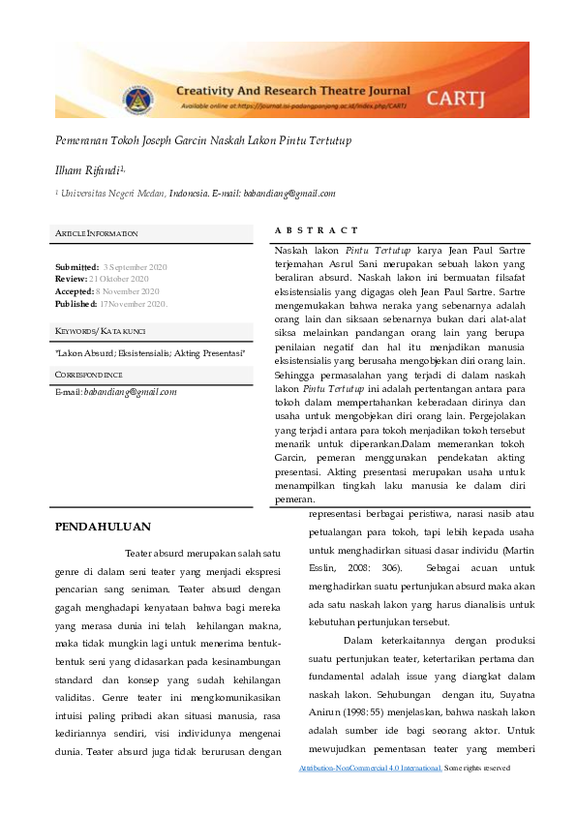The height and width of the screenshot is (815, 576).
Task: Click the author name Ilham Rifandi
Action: (x=89, y=169)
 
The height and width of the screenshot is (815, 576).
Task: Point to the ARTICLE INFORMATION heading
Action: (x=96, y=234)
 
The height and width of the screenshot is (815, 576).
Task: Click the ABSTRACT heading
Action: (x=317, y=230)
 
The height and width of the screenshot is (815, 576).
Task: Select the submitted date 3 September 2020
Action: (x=135, y=266)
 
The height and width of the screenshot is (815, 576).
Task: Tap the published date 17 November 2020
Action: (x=134, y=303)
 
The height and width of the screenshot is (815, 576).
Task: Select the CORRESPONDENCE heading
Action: (x=89, y=374)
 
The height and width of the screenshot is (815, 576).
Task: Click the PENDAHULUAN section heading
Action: (x=103, y=527)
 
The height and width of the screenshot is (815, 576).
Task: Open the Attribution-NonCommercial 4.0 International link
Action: (x=372, y=768)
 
